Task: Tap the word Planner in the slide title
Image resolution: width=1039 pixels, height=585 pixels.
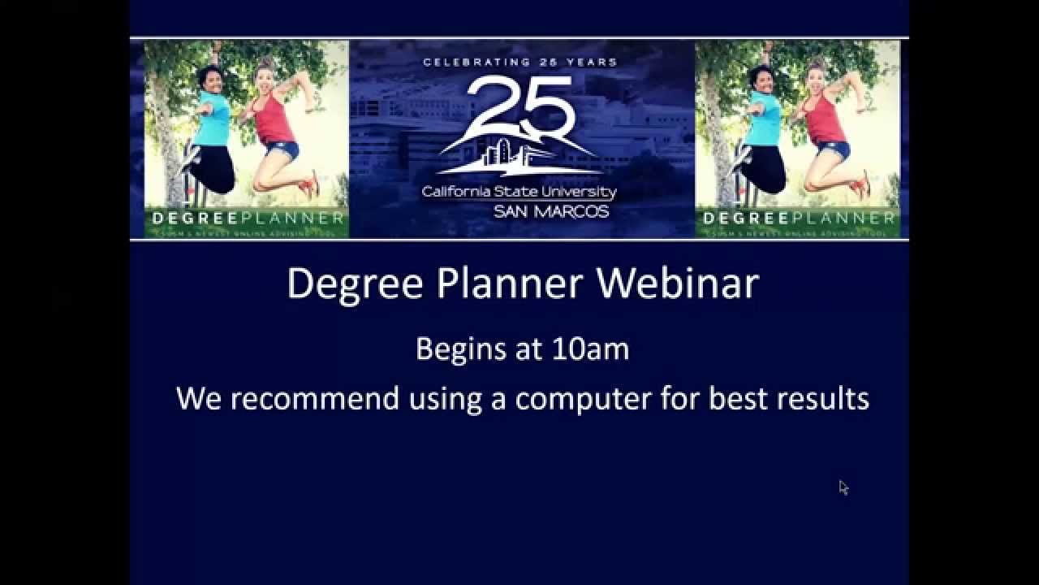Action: tap(510, 284)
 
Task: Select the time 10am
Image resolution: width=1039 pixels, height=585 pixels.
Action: tap(590, 349)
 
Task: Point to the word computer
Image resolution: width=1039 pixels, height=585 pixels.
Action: tap(583, 399)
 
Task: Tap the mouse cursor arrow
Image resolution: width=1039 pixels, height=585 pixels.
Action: tap(843, 487)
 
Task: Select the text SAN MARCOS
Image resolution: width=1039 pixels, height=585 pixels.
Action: tap(550, 212)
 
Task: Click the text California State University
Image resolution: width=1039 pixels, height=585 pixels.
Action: tap(519, 193)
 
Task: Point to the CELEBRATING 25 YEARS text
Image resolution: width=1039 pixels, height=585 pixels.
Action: tap(519, 62)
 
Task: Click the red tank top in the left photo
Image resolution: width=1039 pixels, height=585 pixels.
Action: tap(274, 119)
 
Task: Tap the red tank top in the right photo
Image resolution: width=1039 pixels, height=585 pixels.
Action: tap(825, 119)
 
